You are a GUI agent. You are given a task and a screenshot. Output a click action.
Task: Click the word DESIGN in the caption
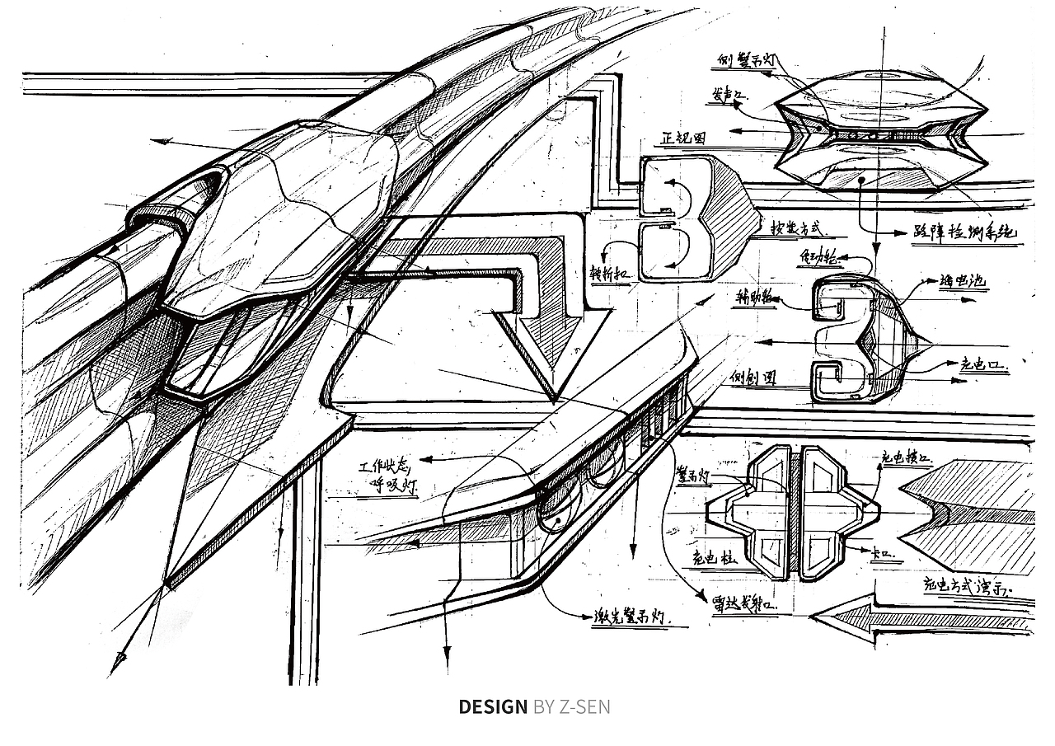click(492, 706)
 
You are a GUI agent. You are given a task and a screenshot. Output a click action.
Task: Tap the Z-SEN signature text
click(584, 706)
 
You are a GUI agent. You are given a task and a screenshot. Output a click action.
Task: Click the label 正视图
click(683, 138)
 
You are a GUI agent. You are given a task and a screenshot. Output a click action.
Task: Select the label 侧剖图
click(753, 378)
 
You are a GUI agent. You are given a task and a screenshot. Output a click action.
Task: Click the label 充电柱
click(713, 558)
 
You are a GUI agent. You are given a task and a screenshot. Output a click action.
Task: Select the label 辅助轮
click(754, 297)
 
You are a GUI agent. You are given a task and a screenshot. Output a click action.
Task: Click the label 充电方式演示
click(978, 588)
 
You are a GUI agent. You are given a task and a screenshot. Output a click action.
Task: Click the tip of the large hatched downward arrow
click(556, 401)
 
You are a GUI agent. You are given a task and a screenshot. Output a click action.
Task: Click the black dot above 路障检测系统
click(860, 178)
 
